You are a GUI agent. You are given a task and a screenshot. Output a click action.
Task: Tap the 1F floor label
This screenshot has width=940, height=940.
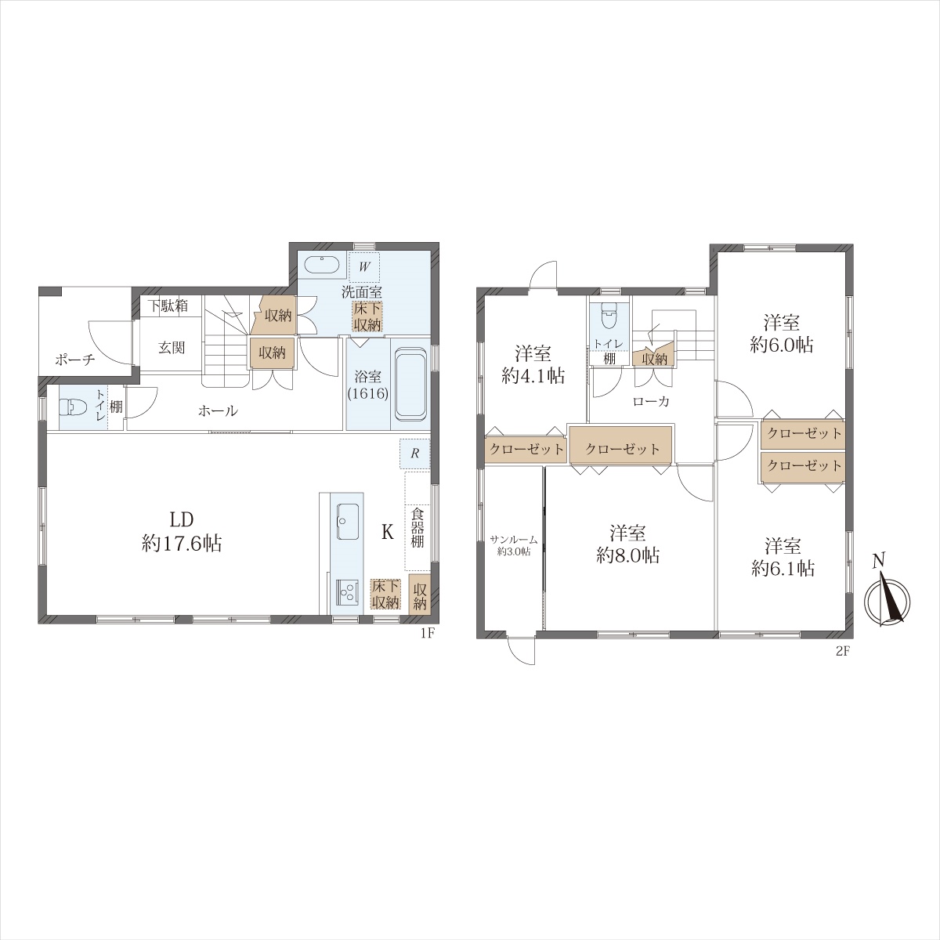[428, 633]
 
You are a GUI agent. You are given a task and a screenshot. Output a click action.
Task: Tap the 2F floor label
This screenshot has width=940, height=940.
[843, 651]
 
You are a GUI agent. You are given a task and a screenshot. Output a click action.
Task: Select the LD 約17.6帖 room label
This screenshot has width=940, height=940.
[182, 532]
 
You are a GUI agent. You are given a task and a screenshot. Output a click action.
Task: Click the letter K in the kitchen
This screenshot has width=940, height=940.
[387, 532]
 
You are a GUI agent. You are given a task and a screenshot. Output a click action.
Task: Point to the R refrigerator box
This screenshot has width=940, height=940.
[415, 454]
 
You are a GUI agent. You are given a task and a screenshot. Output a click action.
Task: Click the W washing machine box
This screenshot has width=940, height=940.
[364, 267]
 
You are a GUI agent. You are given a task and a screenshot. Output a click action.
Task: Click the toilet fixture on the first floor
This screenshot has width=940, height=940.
[70, 407]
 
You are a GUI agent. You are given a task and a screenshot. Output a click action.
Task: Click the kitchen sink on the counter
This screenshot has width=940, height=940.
[347, 522]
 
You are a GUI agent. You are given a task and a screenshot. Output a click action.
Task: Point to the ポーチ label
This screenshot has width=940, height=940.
[75, 360]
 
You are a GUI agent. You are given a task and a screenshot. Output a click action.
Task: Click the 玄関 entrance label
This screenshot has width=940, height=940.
[172, 348]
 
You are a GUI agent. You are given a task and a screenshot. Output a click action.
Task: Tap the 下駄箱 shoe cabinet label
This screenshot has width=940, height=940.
[168, 305]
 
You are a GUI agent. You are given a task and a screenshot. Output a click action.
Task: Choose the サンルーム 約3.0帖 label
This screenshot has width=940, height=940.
[514, 546]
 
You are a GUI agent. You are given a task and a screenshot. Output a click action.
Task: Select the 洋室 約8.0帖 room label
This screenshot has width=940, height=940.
[628, 544]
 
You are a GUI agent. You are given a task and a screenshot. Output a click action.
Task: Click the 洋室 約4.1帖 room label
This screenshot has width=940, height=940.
[533, 364]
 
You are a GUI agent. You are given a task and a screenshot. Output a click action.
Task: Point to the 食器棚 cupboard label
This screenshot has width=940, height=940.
[417, 527]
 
